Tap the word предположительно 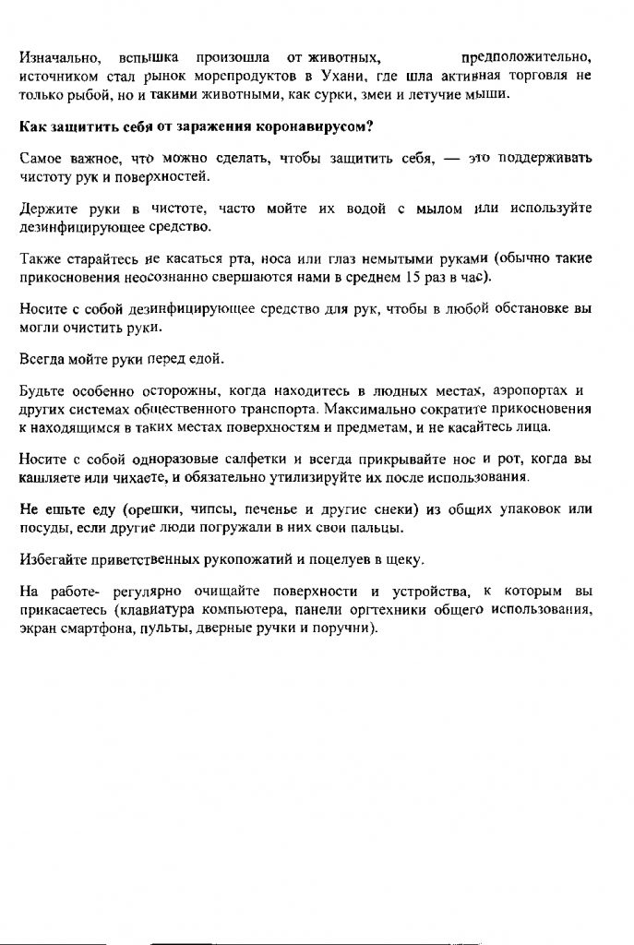tap(526, 59)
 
